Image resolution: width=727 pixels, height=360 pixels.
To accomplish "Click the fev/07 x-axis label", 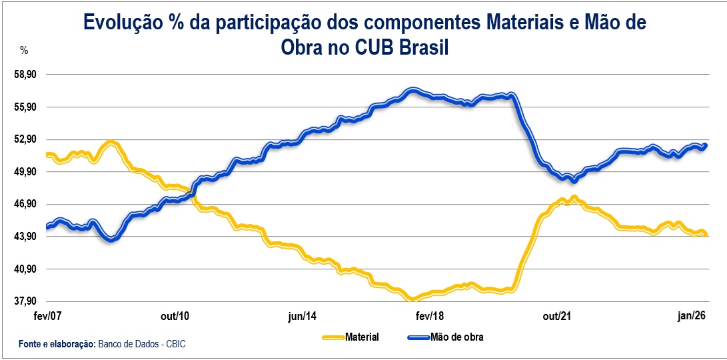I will [x=47, y=316].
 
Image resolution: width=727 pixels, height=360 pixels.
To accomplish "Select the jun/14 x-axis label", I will [x=302, y=316].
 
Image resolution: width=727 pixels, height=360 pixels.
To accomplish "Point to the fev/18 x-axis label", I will [x=430, y=316].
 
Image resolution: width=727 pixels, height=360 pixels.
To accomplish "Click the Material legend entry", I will [x=362, y=337].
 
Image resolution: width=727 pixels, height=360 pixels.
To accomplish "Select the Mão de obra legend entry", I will [x=457, y=337].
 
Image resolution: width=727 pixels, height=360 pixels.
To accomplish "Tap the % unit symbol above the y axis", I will [x=24, y=51].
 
